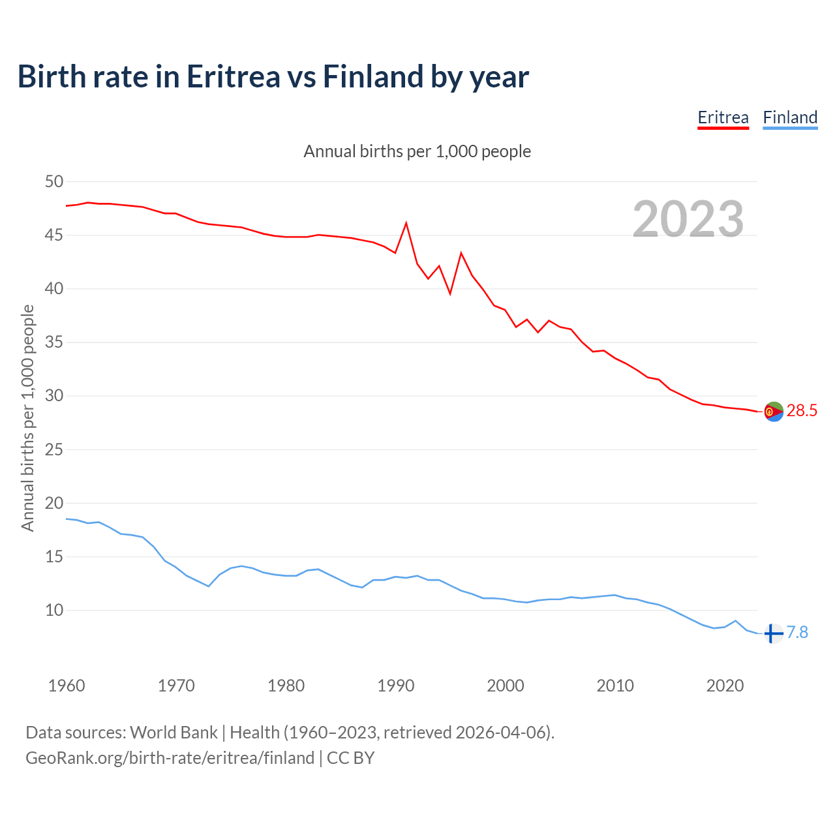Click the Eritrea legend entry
click(723, 118)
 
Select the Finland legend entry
click(790, 118)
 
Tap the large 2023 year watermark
click(688, 219)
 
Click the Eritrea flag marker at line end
click(773, 412)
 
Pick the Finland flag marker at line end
click(773, 633)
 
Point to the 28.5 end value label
click(802, 411)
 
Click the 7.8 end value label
click(797, 633)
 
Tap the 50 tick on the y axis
click(54, 182)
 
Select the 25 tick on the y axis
click(54, 450)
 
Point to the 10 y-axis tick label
click(54, 611)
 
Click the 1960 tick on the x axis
click(67, 686)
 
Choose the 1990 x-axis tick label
click(396, 686)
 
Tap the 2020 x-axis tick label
click(725, 686)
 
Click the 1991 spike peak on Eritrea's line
click(406, 223)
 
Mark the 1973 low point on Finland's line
click(209, 586)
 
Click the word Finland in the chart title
click(373, 77)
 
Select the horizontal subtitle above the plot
click(417, 152)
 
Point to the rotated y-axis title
click(27, 417)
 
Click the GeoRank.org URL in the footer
click(170, 758)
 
